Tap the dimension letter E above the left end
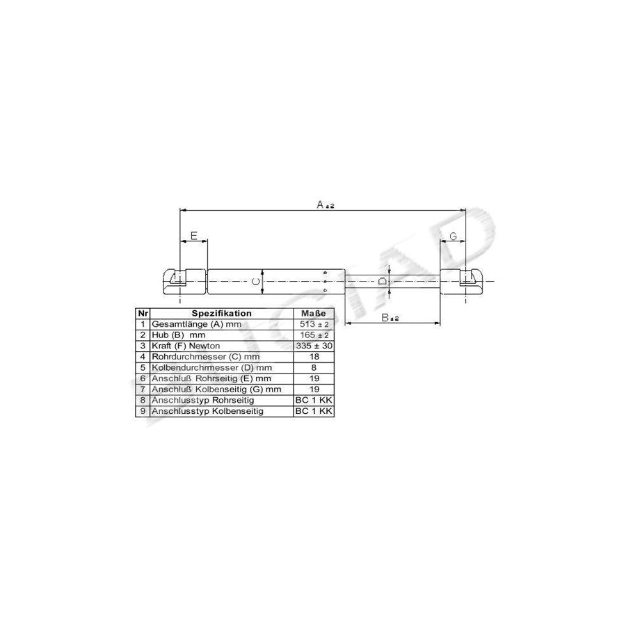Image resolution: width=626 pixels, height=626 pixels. pos(194,236)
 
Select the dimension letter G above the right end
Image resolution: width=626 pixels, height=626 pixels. pos(453,236)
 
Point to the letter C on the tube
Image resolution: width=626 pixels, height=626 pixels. pos(256,282)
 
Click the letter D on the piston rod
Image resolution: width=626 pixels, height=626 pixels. pos(383,281)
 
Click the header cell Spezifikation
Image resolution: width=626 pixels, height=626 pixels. pos(222,314)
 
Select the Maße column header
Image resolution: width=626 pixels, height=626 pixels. pos(314,314)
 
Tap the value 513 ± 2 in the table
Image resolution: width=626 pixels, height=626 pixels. pos(314,324)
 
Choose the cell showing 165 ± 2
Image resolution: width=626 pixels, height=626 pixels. pos(314,335)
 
